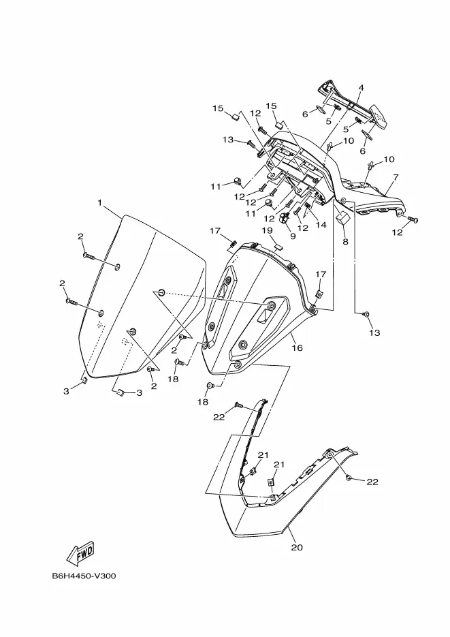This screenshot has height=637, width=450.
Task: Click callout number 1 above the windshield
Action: pyautogui.click(x=100, y=202)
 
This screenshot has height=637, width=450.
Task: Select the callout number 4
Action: pyautogui.click(x=361, y=88)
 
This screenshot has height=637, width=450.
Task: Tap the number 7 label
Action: pyautogui.click(x=396, y=177)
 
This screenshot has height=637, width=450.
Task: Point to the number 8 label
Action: pyautogui.click(x=345, y=241)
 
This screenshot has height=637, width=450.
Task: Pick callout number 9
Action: pyautogui.click(x=293, y=236)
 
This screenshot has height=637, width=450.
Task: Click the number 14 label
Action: pyautogui.click(x=321, y=225)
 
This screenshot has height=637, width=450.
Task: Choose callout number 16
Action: pyautogui.click(x=298, y=347)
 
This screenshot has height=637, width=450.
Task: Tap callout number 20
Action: pyautogui.click(x=297, y=547)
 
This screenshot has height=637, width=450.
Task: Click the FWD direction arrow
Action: pyautogui.click(x=81, y=553)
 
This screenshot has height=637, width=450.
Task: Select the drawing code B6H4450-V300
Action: pyautogui.click(x=84, y=576)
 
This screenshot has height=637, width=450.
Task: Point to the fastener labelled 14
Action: pyautogui.click(x=308, y=206)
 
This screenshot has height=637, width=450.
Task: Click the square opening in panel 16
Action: pyautogui.click(x=265, y=315)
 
